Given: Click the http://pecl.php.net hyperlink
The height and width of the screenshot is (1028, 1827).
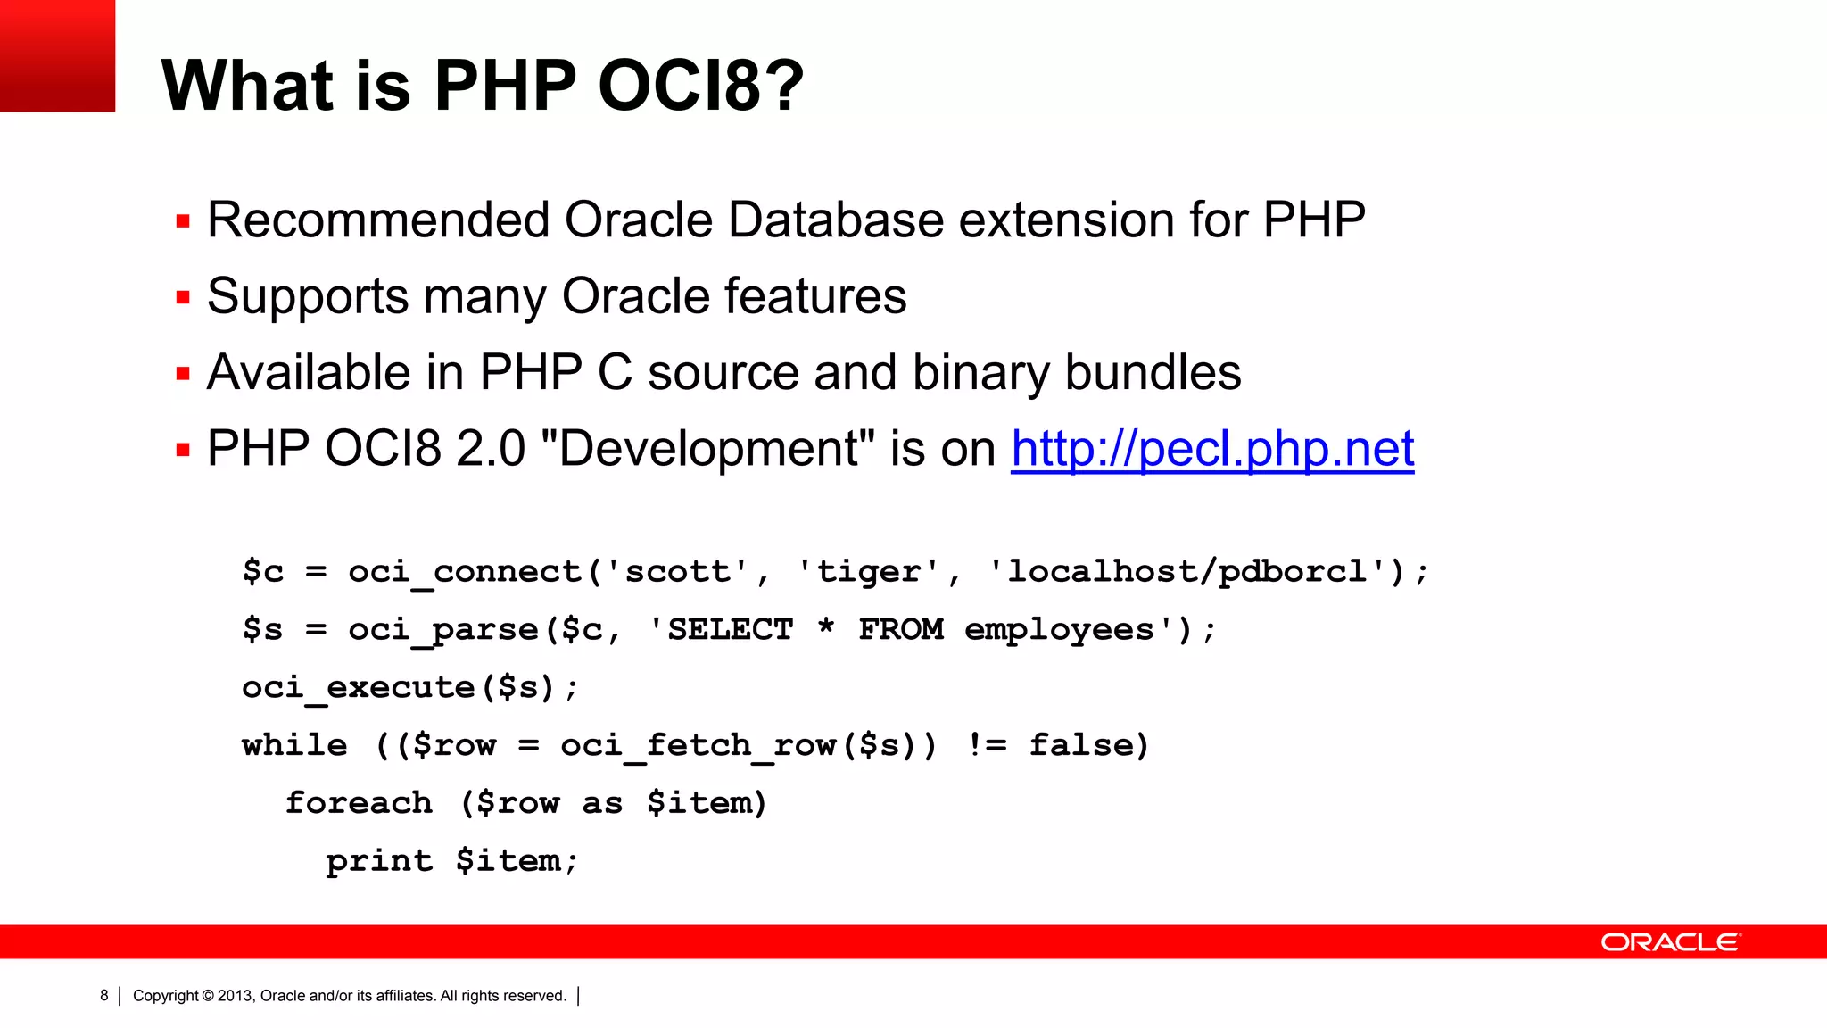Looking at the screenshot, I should click(x=1211, y=449).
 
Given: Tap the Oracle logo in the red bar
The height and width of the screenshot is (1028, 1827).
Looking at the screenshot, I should click(x=1670, y=942).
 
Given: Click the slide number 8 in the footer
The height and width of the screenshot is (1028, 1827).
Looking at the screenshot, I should click(x=104, y=996).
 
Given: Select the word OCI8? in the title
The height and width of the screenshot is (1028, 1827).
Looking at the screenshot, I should click(x=700, y=86).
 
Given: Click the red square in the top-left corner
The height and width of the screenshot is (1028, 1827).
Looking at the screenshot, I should click(x=57, y=55).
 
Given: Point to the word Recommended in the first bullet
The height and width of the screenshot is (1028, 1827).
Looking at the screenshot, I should click(x=378, y=220).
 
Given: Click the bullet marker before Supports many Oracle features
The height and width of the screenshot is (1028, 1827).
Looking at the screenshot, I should click(x=183, y=297).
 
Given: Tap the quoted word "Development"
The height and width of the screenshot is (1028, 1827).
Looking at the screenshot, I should click(x=707, y=449).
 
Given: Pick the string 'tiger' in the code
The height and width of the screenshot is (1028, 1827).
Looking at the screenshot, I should click(x=868, y=572).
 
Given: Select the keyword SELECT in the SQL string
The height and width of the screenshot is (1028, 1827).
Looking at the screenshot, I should click(x=730, y=630).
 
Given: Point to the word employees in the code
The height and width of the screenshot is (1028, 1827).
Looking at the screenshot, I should click(x=1059, y=630).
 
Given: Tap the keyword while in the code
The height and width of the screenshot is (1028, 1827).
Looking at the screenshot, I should click(x=294, y=745).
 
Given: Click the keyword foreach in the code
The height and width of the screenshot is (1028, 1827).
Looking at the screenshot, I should click(x=359, y=803).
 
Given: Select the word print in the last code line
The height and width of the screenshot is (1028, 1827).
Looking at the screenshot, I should click(x=379, y=861).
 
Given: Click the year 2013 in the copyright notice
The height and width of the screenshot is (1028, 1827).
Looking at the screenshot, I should click(x=235, y=996).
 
